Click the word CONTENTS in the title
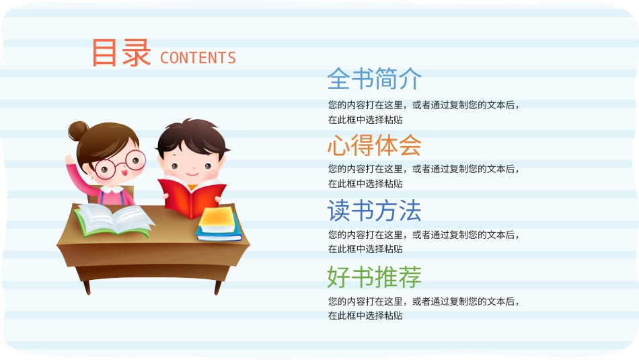click(198, 58)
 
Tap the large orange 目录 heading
click(121, 52)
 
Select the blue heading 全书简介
click(374, 79)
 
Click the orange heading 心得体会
click(374, 145)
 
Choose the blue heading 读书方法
click(374, 211)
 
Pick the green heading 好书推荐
click(374, 277)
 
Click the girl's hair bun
click(78, 131)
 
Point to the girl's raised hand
click(70, 159)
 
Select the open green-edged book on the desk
click(114, 219)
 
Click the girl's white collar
click(112, 189)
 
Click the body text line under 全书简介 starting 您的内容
click(424, 105)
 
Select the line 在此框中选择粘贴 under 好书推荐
click(365, 316)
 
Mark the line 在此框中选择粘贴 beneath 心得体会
click(365, 184)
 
